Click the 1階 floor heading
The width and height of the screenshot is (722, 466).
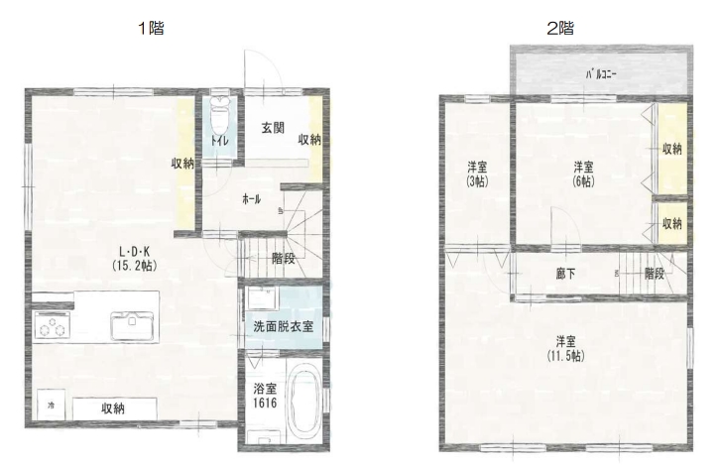[x=152, y=28]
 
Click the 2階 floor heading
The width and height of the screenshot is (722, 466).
[x=560, y=28]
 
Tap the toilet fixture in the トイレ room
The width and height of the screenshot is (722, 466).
[x=219, y=115]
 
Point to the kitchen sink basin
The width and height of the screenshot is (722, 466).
[x=132, y=325]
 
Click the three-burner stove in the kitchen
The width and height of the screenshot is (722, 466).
[x=52, y=325]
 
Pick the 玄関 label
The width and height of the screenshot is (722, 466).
[x=273, y=128]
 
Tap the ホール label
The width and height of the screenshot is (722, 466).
[x=252, y=199]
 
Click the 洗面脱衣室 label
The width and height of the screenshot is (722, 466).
[x=284, y=326]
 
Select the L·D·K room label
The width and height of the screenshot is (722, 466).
[x=135, y=252]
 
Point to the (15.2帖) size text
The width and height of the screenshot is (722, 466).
[x=135, y=266]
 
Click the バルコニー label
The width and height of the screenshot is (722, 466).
[x=601, y=74]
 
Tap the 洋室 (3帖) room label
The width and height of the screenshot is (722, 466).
[x=477, y=174]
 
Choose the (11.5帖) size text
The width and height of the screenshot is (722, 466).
[x=565, y=356]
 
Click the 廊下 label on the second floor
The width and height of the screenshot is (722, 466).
[x=565, y=274]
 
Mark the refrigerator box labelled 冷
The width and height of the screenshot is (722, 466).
[x=52, y=405]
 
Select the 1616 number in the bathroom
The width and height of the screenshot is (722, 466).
[x=265, y=403]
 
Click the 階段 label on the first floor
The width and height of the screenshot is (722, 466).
[x=284, y=259]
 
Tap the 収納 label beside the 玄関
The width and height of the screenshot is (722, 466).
[x=309, y=139]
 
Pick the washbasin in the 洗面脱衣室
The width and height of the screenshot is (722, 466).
[x=263, y=297]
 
